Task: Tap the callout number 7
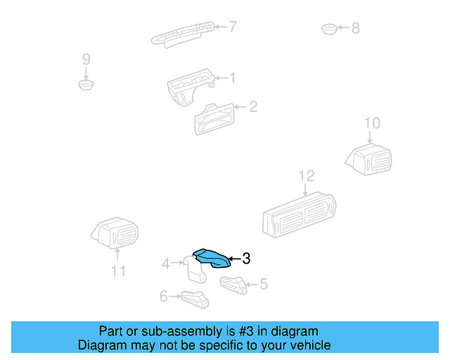(x=232, y=27)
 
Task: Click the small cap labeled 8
(x=328, y=29)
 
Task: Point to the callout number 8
(x=355, y=28)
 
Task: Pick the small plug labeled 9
(x=86, y=85)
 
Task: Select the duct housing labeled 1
(x=190, y=87)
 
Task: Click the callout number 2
(x=253, y=107)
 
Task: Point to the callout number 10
(x=372, y=124)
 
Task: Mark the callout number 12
(x=307, y=176)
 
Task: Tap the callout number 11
(x=117, y=271)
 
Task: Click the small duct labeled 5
(x=233, y=285)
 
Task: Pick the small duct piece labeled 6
(x=195, y=300)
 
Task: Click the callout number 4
(x=166, y=264)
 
